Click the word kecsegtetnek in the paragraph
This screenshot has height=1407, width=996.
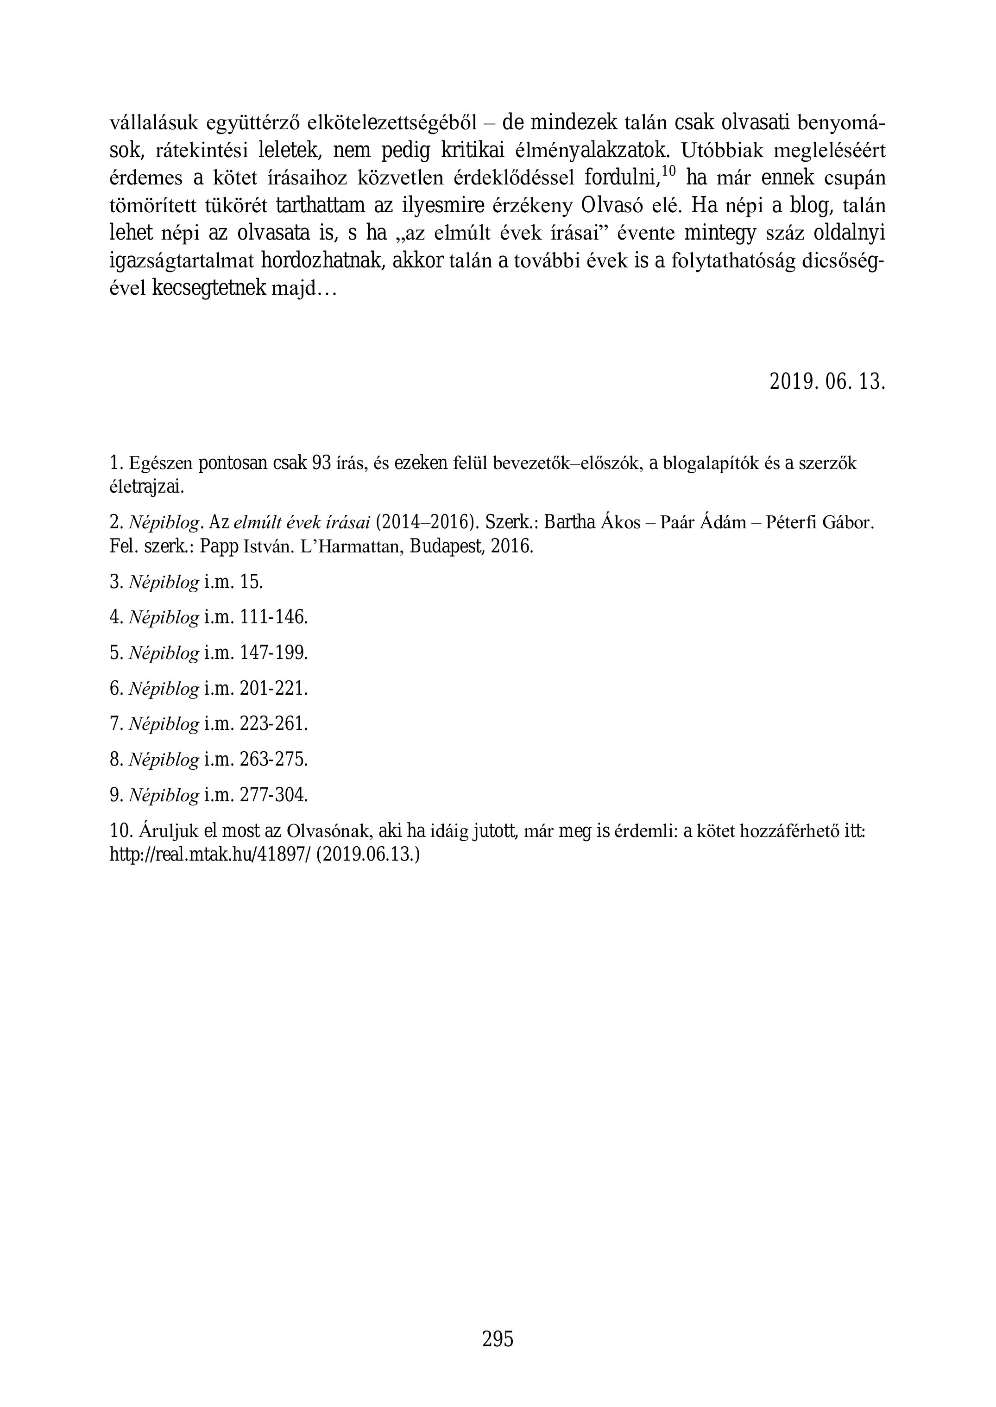pos(208,288)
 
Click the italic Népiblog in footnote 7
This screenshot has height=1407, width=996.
pos(164,724)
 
